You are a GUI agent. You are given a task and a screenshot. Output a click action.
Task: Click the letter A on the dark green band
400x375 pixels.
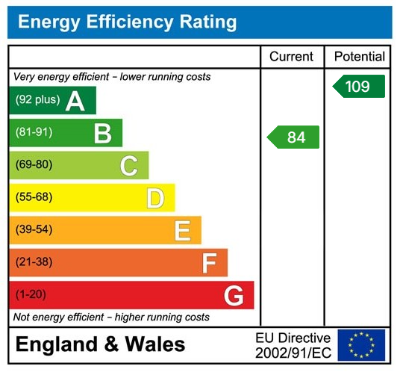coord(75,101)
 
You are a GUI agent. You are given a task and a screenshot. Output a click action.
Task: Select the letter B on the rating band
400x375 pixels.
coord(102,133)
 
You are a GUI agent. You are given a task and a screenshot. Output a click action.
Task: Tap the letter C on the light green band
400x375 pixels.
coord(129,165)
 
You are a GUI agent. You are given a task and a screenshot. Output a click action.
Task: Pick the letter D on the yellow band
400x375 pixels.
coord(155,198)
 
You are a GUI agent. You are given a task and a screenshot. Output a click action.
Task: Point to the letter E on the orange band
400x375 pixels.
coord(182,230)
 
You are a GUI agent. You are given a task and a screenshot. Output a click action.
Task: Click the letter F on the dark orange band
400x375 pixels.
coord(209,262)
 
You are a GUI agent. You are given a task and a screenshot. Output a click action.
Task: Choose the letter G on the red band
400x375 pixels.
coord(234,295)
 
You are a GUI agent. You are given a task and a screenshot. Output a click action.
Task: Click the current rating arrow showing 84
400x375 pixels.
coord(293,137)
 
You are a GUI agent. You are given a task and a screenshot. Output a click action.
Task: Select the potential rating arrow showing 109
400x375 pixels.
coord(358,86)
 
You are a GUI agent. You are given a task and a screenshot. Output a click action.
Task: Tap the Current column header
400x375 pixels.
coord(291,57)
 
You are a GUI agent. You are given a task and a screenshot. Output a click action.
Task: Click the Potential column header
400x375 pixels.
coord(359,57)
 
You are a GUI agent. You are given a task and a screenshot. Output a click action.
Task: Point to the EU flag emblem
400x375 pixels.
coord(361,344)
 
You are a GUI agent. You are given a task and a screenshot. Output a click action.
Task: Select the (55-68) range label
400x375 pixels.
coord(34,198)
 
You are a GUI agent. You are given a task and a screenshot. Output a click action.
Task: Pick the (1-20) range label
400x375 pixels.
coord(31,295)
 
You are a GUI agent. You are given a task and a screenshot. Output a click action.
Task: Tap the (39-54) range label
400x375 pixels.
coord(34,230)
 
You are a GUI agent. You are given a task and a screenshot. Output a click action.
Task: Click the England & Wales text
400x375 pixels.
coord(101,344)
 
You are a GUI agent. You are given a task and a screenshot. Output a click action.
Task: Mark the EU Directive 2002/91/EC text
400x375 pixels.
coord(293,344)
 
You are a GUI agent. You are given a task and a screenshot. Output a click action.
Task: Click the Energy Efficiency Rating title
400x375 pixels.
coord(127,22)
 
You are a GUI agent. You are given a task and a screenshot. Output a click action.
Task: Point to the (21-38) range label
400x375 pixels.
coord(34,262)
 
